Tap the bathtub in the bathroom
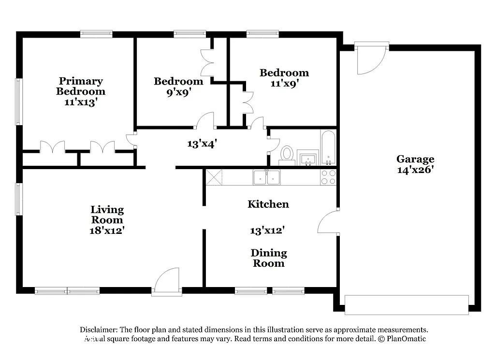(328, 147)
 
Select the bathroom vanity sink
(308, 158)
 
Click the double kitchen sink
(266, 177)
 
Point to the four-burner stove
(329, 177)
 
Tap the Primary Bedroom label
(81, 86)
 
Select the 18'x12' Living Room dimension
(107, 230)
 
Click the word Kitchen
(268, 204)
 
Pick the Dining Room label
(269, 258)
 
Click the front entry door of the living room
(167, 283)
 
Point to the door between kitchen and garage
(328, 222)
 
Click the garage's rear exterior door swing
(371, 59)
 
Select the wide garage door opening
(407, 304)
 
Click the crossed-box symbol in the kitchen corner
(214, 177)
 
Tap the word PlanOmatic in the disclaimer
(406, 339)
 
